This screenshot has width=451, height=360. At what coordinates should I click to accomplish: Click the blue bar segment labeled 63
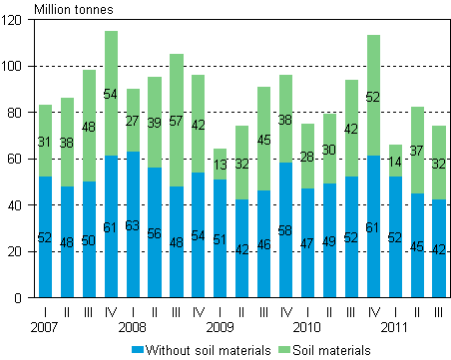pos(133,224)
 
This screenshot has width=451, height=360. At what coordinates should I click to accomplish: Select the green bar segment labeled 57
pos(177,120)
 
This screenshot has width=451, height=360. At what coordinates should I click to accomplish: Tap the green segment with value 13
pos(221,165)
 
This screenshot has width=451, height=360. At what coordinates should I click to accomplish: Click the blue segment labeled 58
pos(286,229)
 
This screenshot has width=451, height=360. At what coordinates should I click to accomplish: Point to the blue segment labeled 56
pos(155,232)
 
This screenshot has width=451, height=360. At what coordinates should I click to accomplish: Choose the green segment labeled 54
pos(111,94)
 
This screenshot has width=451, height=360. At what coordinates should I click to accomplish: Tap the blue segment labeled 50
pos(89,239)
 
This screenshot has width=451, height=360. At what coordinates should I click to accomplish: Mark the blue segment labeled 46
pos(264,243)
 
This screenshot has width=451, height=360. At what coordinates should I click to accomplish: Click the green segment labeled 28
pos(308,156)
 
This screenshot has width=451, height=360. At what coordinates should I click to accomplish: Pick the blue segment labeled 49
pos(330,240)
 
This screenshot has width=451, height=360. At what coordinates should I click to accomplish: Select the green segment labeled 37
pos(418,150)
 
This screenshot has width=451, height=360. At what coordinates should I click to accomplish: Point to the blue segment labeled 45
pos(418,245)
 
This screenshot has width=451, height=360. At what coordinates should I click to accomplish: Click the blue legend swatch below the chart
pos(138,349)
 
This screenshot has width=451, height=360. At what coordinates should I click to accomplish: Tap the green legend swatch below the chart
pos(284,349)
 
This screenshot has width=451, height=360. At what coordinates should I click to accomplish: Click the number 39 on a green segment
pos(155,123)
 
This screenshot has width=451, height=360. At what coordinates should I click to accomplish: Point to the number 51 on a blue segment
pos(221,240)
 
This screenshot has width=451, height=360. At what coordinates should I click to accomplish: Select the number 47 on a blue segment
pos(308,243)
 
